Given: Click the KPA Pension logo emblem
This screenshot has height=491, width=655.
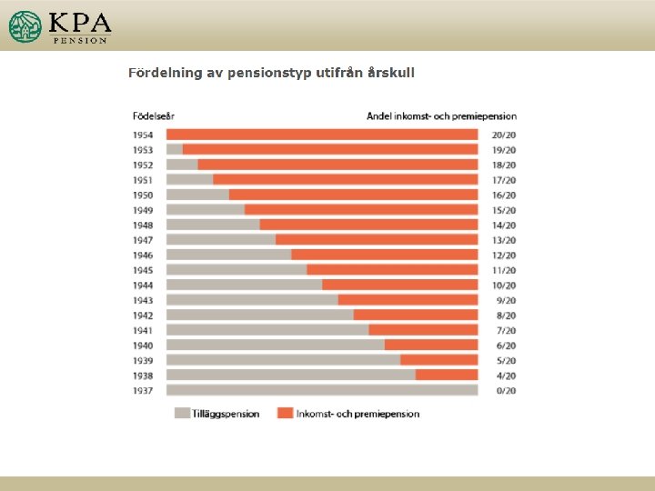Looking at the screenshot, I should (x=25, y=26).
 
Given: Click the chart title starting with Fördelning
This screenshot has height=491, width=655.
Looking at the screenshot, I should (x=271, y=73).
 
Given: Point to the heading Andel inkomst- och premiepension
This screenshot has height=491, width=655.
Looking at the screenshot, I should (x=441, y=115).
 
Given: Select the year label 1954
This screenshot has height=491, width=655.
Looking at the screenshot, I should (x=143, y=135).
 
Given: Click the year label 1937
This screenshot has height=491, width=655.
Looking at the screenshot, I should (x=143, y=391).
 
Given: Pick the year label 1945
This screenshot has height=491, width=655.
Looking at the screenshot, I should (x=143, y=270).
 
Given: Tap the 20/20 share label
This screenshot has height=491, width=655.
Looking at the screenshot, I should (x=503, y=135).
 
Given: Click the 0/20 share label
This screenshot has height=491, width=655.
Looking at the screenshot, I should (x=503, y=391).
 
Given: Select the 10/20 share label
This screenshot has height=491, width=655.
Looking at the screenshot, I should (x=503, y=286).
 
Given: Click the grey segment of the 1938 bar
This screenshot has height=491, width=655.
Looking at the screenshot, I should (x=290, y=376).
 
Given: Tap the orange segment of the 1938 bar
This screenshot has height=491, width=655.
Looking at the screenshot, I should (x=447, y=376).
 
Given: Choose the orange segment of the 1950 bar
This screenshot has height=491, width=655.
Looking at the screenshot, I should (x=353, y=195).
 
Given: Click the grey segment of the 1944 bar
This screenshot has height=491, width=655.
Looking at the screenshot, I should (x=244, y=286).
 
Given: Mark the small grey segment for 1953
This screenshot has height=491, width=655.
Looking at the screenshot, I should (x=175, y=149).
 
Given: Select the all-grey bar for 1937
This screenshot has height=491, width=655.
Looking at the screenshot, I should (x=322, y=391).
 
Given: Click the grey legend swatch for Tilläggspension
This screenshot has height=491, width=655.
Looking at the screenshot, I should (x=183, y=414).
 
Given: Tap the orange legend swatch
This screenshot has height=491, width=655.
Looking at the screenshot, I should (x=286, y=414).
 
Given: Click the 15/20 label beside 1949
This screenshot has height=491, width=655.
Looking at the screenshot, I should (x=503, y=210).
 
